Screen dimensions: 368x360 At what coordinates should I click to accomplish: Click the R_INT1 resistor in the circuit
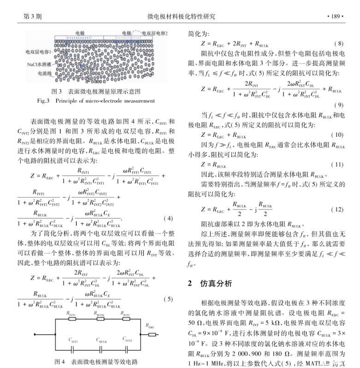(72, 319)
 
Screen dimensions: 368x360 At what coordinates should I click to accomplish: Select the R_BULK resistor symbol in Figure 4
(100, 319)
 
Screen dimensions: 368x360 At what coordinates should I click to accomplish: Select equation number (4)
(169, 218)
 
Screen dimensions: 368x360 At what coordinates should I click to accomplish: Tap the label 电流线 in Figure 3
(44, 73)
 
